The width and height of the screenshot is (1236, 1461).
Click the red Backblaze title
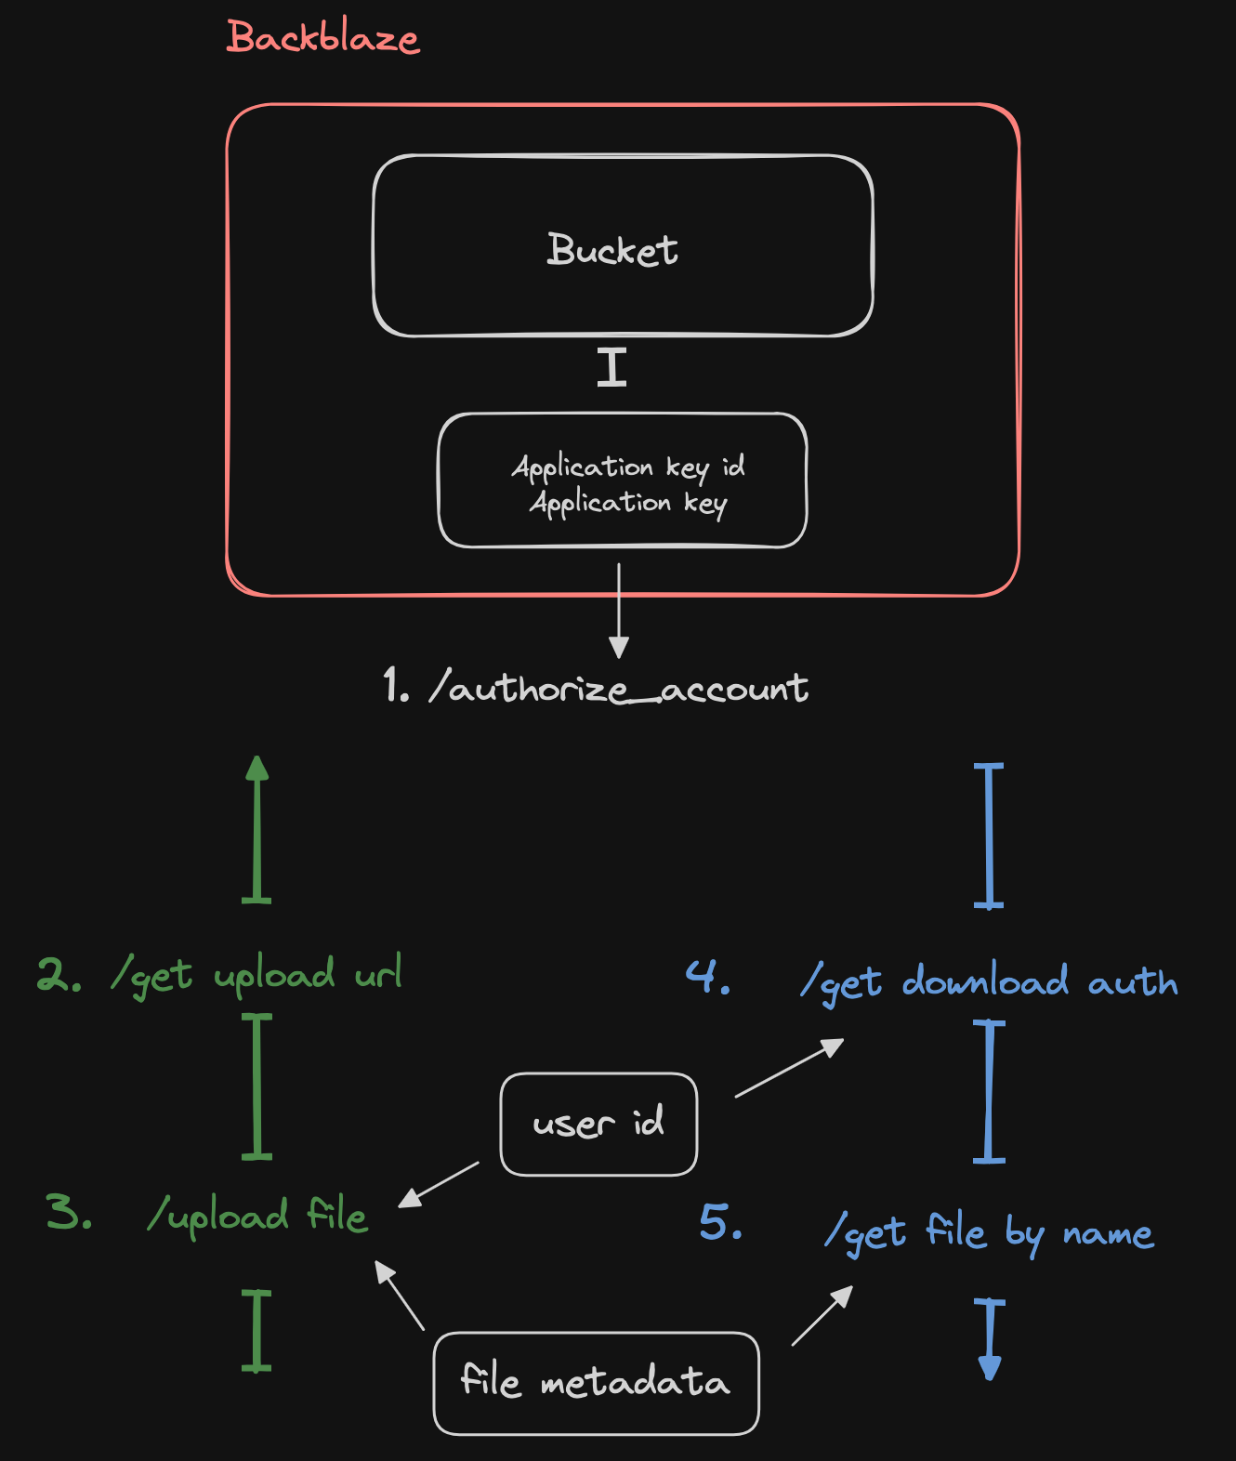[x=322, y=38]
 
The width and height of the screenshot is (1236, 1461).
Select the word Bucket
[x=612, y=250]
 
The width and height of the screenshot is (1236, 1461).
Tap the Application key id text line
[x=628, y=467]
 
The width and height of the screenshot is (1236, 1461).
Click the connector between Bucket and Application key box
[x=611, y=367]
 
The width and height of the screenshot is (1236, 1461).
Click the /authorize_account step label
[x=596, y=688]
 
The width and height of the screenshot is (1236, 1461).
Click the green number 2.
[x=58, y=975]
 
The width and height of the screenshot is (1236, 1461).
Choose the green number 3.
[x=68, y=1213]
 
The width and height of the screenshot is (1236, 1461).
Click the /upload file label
[x=257, y=1216]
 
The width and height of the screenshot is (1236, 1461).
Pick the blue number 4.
[x=706, y=978]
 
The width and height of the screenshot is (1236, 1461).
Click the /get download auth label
[x=990, y=982]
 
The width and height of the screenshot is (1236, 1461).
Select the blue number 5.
[x=720, y=1222]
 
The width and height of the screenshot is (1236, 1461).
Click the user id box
[x=598, y=1125]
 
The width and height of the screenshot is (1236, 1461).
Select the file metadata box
[x=596, y=1383]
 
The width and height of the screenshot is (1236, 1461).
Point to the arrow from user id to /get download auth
[x=789, y=1068]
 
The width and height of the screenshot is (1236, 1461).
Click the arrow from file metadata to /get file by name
[x=822, y=1316]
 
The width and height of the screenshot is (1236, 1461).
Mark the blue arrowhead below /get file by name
[x=990, y=1367]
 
